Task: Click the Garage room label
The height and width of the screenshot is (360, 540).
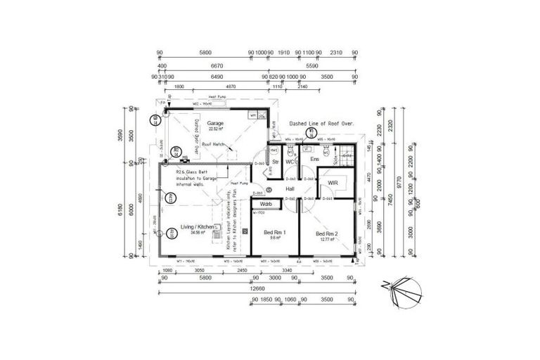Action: (215, 122)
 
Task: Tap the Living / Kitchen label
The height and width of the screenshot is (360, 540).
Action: (197, 226)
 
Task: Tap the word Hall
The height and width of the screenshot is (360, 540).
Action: (290, 189)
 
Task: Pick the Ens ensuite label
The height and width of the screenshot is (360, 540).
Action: (314, 160)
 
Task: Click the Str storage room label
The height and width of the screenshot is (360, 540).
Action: (276, 162)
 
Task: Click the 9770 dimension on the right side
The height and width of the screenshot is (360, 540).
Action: (398, 186)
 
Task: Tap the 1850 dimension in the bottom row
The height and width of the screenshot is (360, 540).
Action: (266, 299)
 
